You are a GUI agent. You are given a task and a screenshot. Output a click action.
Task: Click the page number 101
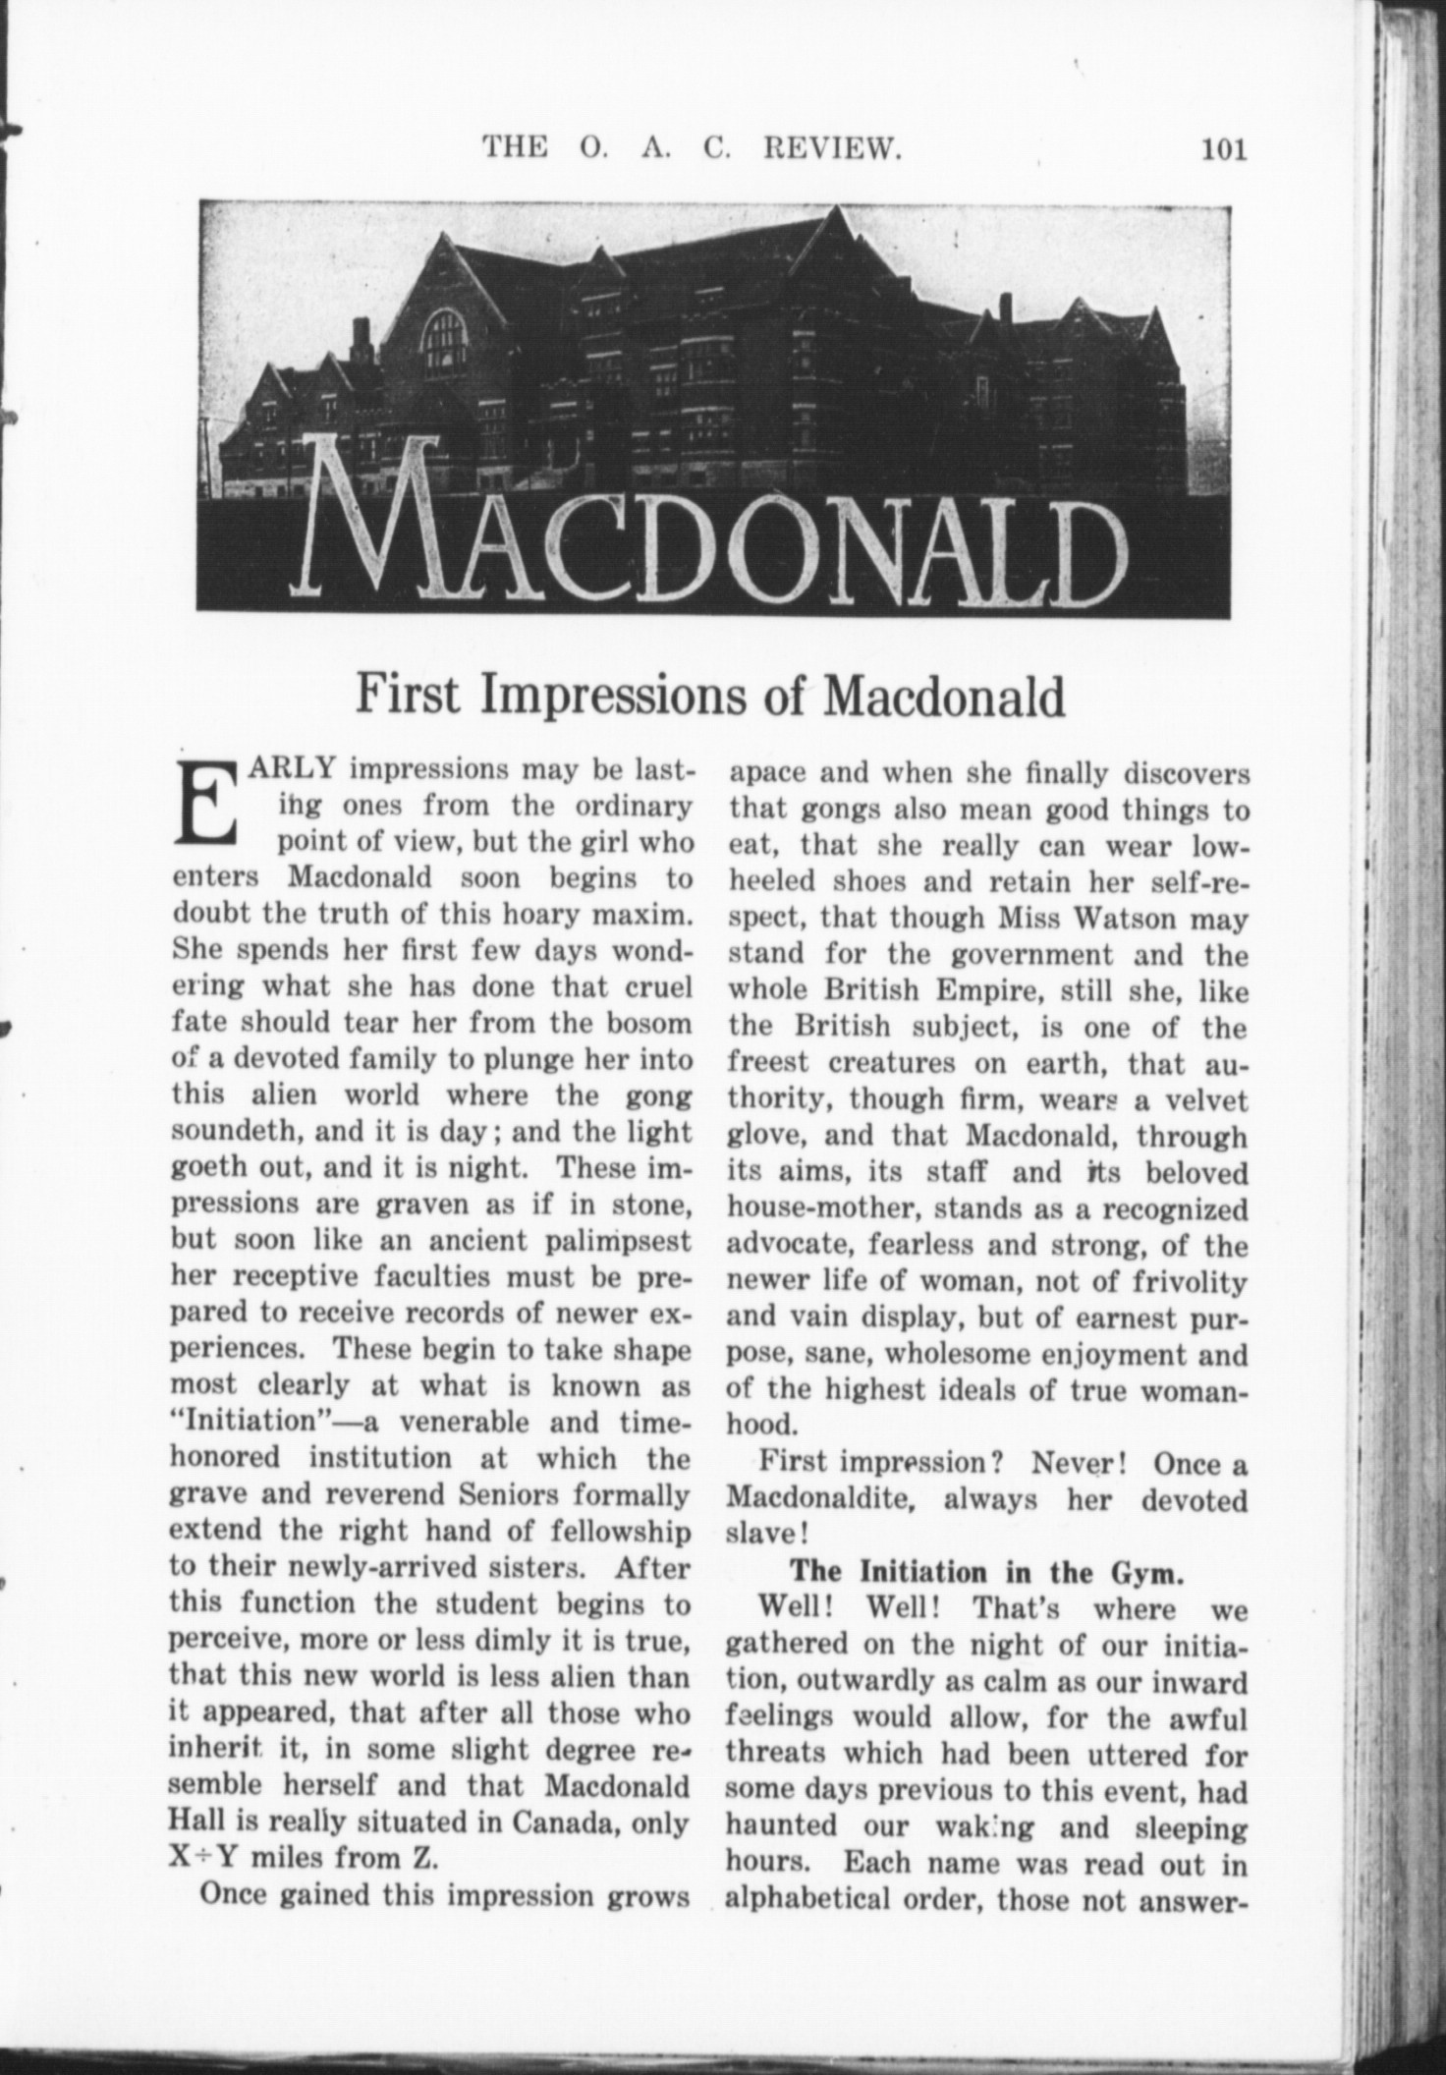point(1222,150)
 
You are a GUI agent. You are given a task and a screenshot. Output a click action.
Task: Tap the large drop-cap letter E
point(206,804)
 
